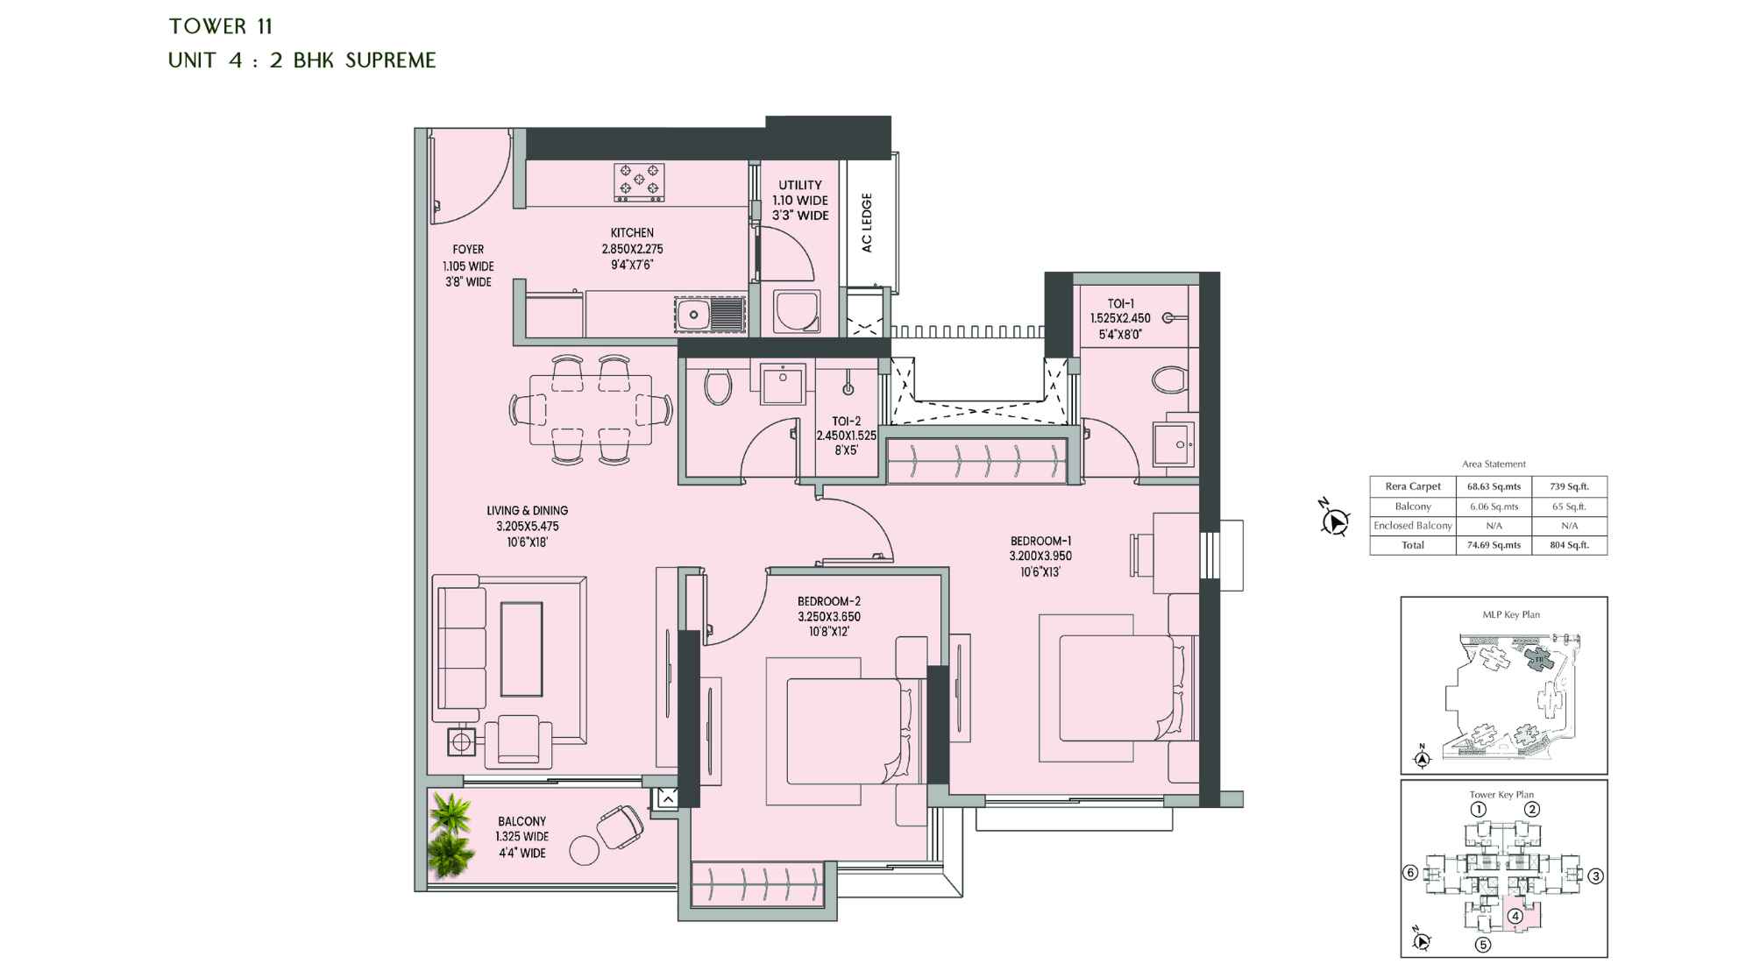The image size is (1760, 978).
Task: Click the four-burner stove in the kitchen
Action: [639, 182]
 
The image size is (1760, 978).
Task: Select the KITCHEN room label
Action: [632, 233]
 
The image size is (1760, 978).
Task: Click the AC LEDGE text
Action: [867, 223]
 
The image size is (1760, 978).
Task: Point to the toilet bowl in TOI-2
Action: [719, 386]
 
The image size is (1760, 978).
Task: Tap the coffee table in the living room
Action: [522, 648]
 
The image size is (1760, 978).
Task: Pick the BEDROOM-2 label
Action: [828, 601]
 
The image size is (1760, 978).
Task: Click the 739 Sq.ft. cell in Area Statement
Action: [1569, 486]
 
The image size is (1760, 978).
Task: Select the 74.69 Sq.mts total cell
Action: [1494, 545]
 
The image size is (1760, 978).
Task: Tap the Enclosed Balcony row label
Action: [1412, 526]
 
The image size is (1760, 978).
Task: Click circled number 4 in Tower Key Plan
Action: [1515, 918]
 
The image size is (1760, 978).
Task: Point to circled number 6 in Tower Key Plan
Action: [1410, 873]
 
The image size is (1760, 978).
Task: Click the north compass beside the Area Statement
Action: [1333, 522]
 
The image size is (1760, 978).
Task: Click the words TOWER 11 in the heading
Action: [221, 26]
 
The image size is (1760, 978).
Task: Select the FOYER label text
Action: [468, 250]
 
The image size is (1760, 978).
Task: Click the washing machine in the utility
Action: [797, 311]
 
